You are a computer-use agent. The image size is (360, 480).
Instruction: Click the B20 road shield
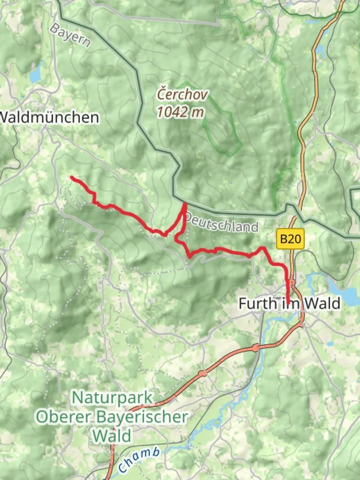(291, 239)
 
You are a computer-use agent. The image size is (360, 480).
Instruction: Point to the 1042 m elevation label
(180, 112)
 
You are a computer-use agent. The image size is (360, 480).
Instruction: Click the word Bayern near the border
(70, 36)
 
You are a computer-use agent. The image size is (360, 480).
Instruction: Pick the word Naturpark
(112, 397)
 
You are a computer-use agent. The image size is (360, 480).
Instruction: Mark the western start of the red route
(72, 177)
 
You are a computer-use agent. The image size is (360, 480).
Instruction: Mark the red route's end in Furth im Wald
(288, 304)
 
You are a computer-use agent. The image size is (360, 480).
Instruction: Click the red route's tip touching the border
(185, 204)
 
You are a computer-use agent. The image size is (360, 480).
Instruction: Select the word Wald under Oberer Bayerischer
(112, 436)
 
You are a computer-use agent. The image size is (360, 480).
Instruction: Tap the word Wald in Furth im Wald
(321, 304)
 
